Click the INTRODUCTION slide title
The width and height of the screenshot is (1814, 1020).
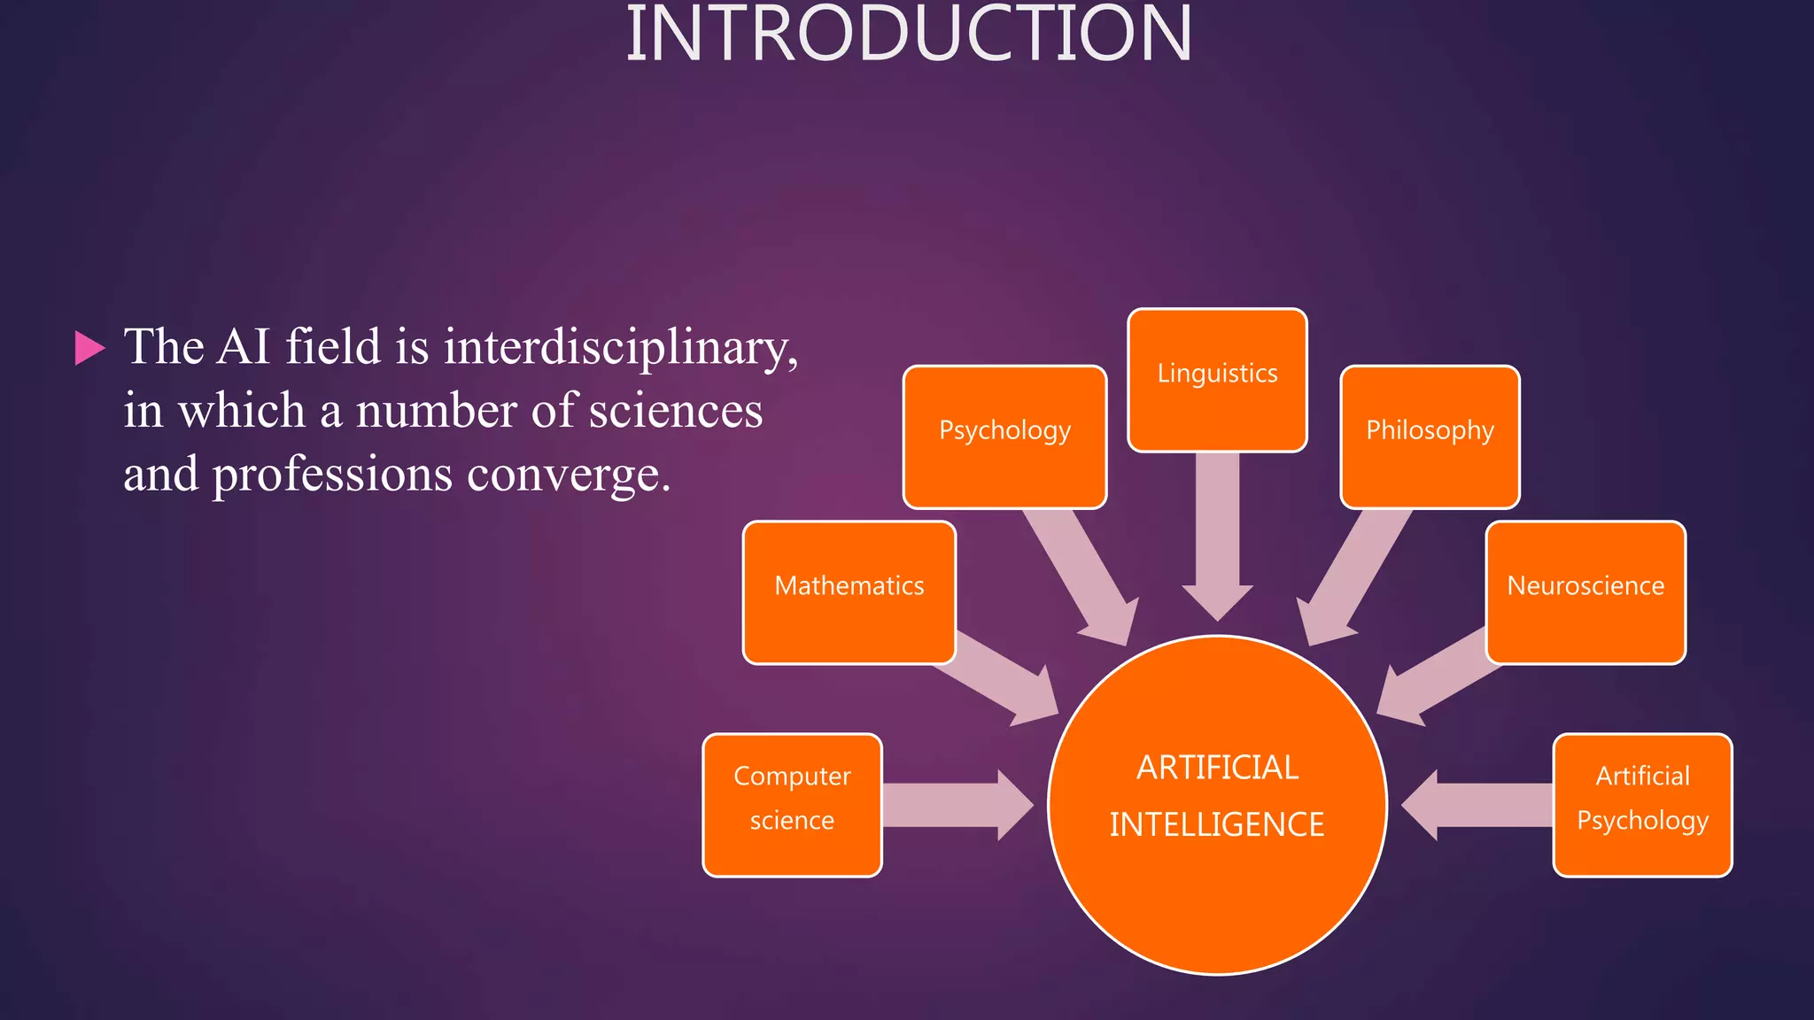tap(909, 35)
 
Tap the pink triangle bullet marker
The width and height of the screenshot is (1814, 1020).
tap(89, 348)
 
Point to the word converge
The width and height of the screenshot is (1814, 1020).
tap(569, 475)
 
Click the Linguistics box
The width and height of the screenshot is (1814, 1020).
tap(1217, 380)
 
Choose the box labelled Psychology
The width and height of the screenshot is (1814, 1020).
tap(1004, 437)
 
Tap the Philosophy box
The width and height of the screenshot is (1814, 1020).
tap(1430, 437)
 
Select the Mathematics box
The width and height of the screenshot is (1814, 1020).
tap(849, 591)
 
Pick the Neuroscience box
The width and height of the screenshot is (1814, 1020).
tap(1585, 591)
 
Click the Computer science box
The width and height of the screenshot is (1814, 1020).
tap(792, 805)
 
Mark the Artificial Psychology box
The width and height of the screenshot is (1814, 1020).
tap(1642, 805)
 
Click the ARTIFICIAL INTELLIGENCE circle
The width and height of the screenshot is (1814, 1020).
tap(1217, 805)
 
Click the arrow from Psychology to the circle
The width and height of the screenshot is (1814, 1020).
tap(1081, 576)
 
